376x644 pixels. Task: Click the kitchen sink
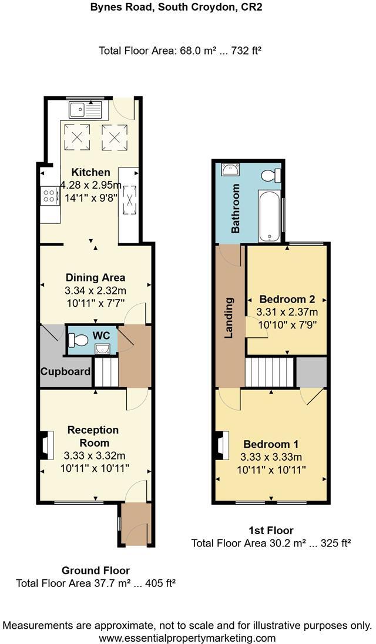point(85,109)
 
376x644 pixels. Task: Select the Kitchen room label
point(90,172)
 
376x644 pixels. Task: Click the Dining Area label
point(95,277)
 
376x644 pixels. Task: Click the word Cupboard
point(65,371)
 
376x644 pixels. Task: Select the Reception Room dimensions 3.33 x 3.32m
point(94,455)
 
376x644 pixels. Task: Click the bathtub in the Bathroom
point(270,215)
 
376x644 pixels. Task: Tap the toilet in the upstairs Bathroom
point(271,175)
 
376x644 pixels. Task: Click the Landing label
point(230,318)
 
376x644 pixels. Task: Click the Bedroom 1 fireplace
point(221,444)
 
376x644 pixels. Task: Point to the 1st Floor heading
point(271,530)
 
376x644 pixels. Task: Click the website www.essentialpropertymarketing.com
point(187,638)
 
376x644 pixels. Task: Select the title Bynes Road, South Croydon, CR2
point(187,8)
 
